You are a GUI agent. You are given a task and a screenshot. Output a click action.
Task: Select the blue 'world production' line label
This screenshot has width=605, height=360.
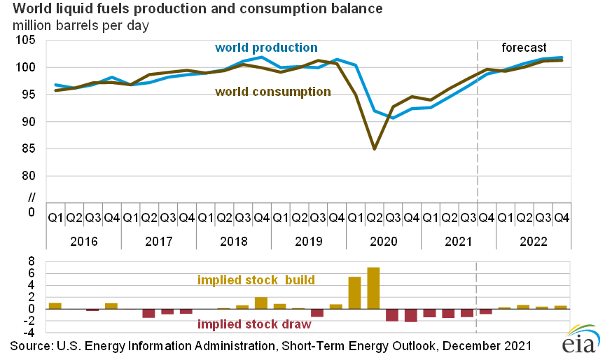[x=266, y=48]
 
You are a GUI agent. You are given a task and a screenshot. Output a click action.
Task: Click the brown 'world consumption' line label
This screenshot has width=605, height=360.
[x=273, y=92]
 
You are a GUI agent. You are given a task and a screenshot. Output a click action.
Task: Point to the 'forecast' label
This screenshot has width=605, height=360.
[x=524, y=48]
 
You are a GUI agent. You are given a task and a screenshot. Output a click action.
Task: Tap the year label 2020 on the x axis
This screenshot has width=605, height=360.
[x=383, y=240]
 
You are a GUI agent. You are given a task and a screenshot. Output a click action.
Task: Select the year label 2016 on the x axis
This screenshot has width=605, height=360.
[x=83, y=240]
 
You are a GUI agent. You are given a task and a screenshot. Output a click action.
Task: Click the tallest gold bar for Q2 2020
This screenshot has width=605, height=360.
[x=373, y=288]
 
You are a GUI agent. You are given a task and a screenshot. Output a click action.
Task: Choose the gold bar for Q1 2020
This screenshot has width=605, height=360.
[x=354, y=293]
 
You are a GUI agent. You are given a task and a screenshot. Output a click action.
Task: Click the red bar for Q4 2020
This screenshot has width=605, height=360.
[x=411, y=315]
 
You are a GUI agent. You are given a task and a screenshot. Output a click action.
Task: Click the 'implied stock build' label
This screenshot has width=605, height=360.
[x=256, y=280]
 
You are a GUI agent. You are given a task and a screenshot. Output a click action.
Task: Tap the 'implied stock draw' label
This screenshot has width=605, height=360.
[x=254, y=324]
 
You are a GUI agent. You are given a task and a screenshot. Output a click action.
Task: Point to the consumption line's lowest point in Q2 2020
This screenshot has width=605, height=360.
[x=374, y=148]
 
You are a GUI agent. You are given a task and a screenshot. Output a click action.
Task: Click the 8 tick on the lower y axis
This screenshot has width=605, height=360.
[x=32, y=261]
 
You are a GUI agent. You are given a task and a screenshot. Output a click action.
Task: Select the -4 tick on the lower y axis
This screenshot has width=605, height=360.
[x=29, y=333]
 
